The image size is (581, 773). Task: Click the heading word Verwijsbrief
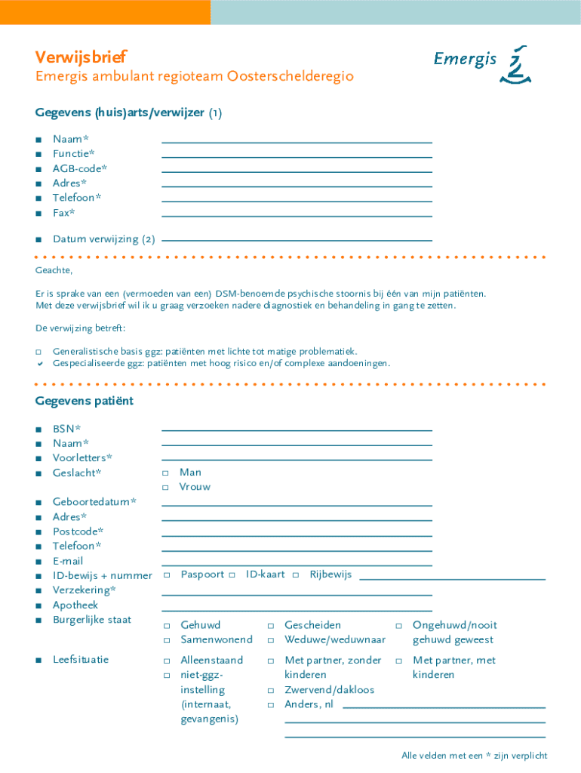pos(81,57)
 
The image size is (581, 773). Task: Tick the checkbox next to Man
pos(166,473)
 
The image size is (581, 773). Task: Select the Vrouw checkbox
pos(166,488)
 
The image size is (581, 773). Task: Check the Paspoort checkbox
pos(166,575)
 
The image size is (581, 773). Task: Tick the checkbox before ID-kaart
pos(232,575)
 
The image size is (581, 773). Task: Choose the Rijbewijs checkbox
pos(297,575)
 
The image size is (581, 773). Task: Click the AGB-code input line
pos(297,171)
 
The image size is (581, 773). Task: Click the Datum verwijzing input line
pos(297,240)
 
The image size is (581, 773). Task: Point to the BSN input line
pos(297,430)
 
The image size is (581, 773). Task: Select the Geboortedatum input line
pos(297,505)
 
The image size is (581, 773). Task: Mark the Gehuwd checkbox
pos(167,626)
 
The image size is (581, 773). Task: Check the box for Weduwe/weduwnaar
pos(270,641)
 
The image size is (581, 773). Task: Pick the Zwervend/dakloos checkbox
pos(270,691)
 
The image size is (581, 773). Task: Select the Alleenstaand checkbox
pos(167,661)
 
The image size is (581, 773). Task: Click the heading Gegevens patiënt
pos(84,401)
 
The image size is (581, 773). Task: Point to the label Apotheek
pos(75,605)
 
